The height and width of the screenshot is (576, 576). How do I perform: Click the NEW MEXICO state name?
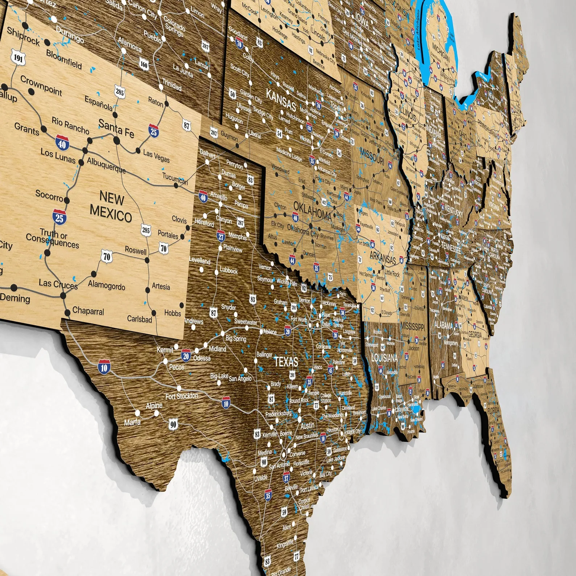click(111, 207)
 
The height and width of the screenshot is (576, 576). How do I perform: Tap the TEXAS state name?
click(286, 362)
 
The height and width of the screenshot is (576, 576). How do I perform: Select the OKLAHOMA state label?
click(312, 211)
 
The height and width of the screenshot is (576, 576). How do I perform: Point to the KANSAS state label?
click(281, 100)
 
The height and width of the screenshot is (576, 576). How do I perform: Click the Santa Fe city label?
click(116, 128)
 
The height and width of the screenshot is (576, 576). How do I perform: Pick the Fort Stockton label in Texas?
click(182, 396)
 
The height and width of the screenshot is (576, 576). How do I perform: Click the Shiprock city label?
click(23, 36)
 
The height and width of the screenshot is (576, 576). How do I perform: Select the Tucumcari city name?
click(175, 178)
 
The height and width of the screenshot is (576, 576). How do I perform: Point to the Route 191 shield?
click(18, 58)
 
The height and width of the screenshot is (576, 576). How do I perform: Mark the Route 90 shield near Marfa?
click(173, 424)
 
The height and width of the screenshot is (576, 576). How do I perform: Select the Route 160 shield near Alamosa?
click(144, 64)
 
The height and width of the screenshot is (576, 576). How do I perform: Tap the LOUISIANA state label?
click(384, 358)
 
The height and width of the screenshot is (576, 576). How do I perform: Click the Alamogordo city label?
click(107, 285)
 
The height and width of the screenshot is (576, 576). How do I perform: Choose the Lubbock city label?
click(229, 270)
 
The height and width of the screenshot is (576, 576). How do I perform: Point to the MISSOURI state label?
click(372, 156)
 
